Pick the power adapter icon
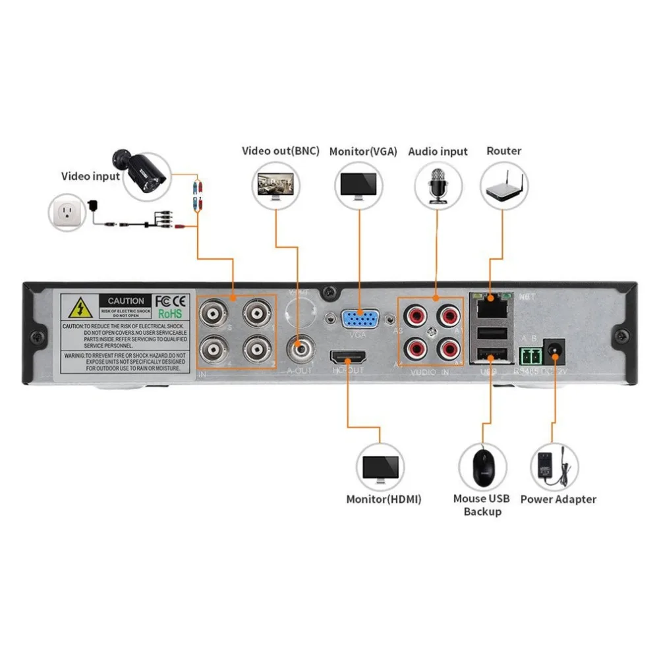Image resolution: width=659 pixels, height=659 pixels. click(x=556, y=465)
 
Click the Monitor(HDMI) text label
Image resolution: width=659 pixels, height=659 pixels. click(x=384, y=499)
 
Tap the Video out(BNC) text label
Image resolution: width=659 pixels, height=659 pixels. click(x=281, y=151)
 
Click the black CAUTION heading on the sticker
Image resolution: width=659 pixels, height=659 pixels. click(x=126, y=301)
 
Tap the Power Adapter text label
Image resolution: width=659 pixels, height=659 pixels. click(x=558, y=499)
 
